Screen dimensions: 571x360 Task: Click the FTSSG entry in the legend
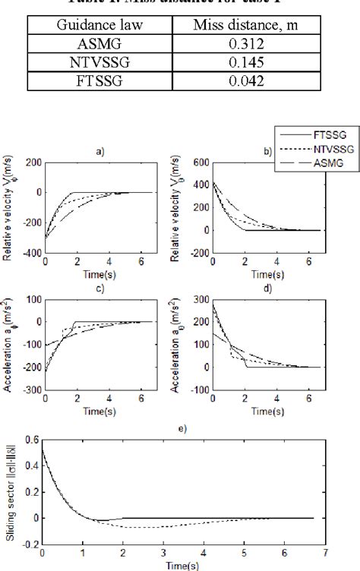[x=320, y=133]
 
